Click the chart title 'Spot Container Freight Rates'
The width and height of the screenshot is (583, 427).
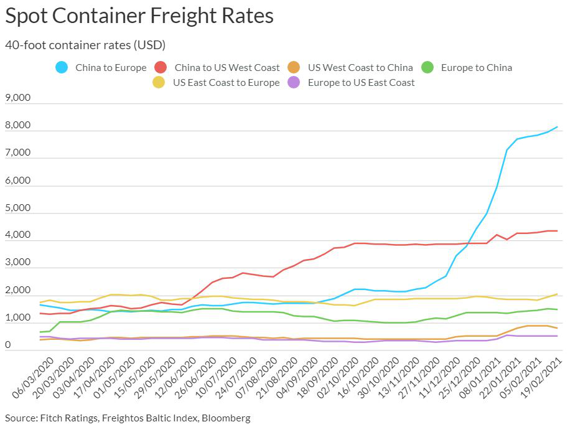click(x=139, y=16)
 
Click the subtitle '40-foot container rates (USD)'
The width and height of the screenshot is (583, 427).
click(x=85, y=45)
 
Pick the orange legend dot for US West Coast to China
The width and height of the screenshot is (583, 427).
click(x=294, y=67)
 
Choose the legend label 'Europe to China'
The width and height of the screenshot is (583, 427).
click(x=476, y=67)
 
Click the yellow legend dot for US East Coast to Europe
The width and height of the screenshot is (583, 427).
click(x=159, y=82)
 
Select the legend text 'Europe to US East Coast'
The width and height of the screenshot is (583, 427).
click(x=361, y=82)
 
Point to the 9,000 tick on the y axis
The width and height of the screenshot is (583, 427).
click(x=17, y=98)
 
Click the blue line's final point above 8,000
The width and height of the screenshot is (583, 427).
click(x=557, y=127)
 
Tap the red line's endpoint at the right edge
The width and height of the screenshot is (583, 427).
click(x=557, y=231)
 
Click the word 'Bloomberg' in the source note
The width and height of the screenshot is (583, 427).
click(x=226, y=418)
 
